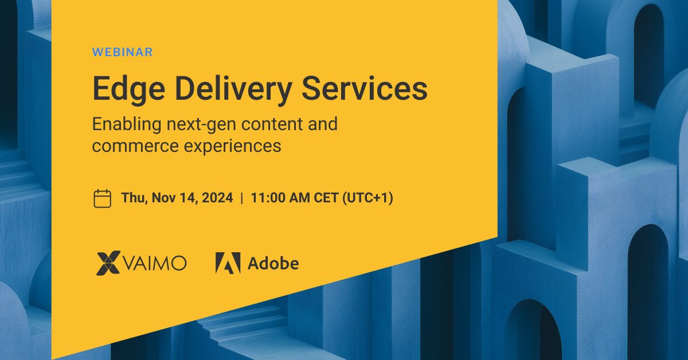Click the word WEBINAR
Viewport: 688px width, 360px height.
click(122, 52)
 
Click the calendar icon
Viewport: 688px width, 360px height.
click(102, 198)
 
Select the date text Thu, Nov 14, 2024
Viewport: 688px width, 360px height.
click(177, 198)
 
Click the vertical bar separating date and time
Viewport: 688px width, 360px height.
click(242, 198)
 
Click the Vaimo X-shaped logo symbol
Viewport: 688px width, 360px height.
click(108, 263)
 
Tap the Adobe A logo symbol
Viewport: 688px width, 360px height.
click(228, 263)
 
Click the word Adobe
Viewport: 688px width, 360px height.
click(273, 263)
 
